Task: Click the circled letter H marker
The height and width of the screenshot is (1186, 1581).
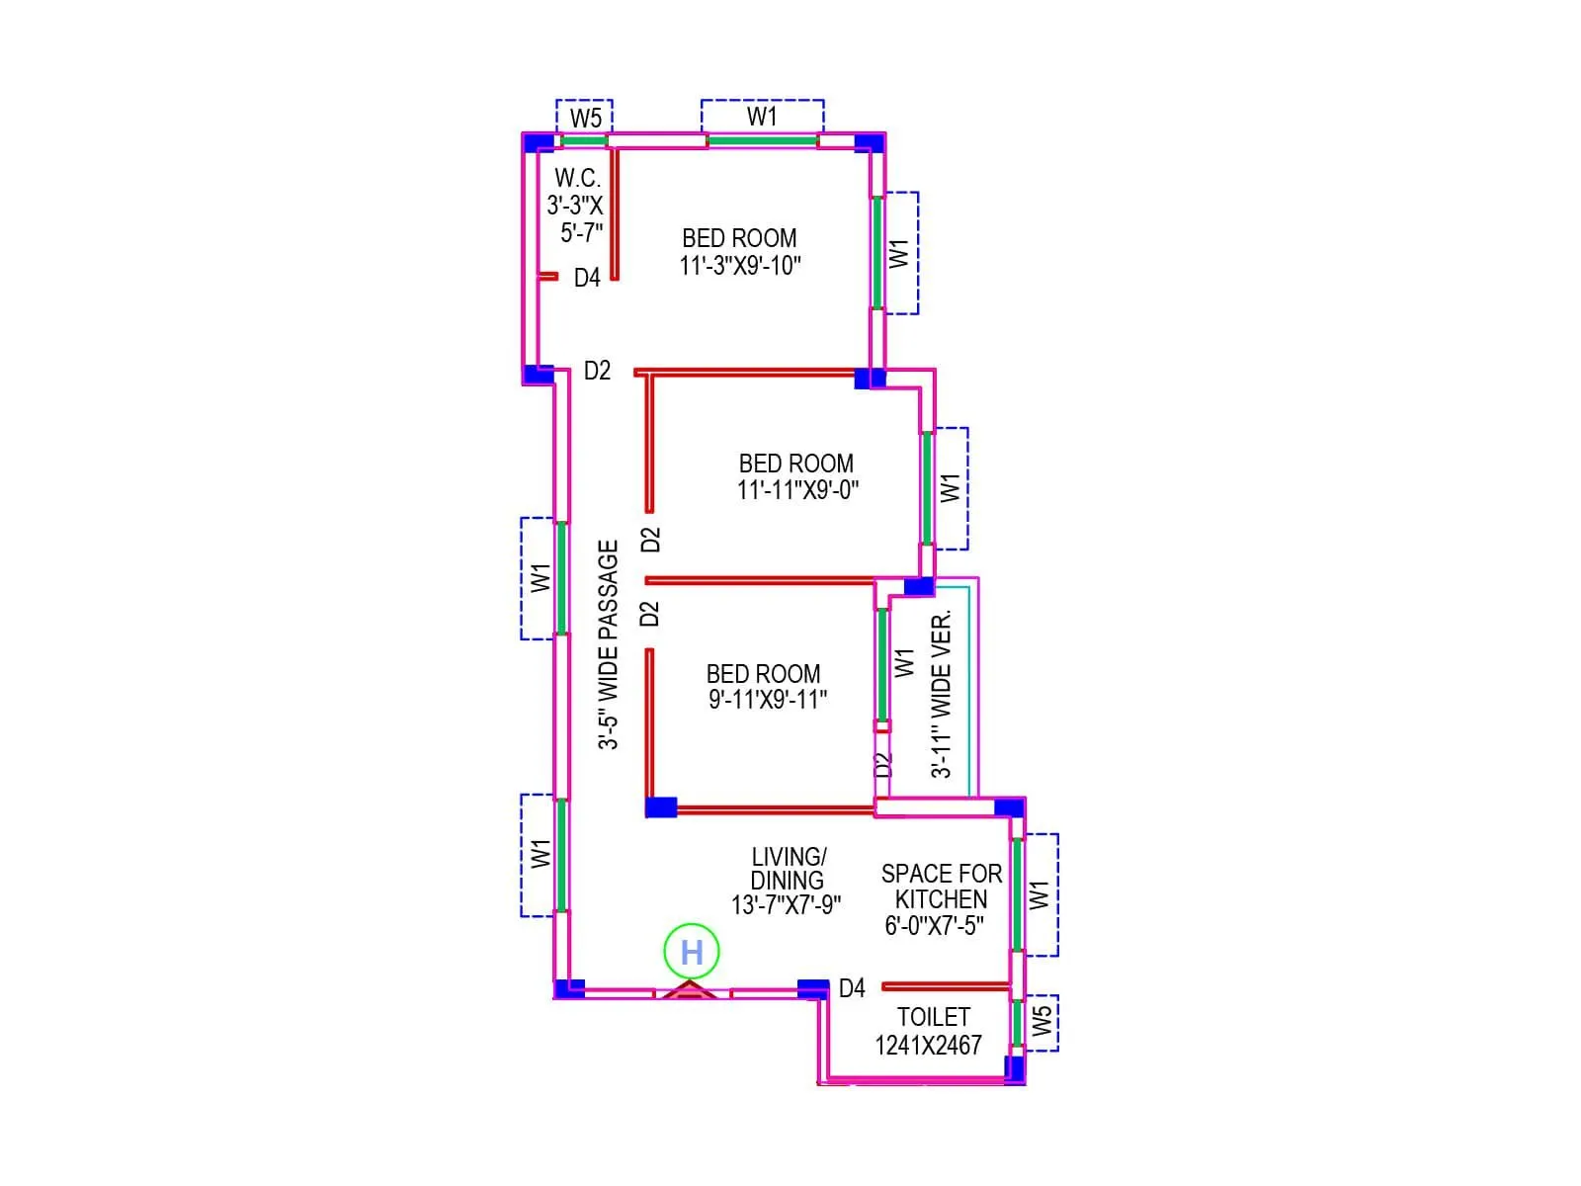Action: tap(692, 952)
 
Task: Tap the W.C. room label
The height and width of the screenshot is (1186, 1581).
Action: tap(577, 179)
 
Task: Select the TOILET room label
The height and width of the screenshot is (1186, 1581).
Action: tap(933, 1017)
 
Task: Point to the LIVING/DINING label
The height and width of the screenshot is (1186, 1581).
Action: tap(788, 869)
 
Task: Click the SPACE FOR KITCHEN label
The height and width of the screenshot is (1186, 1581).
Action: tap(941, 887)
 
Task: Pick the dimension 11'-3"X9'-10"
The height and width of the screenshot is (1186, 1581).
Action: tap(740, 266)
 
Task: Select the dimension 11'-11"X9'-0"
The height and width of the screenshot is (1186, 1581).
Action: tap(797, 490)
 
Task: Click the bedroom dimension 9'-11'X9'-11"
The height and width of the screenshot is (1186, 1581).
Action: tap(768, 700)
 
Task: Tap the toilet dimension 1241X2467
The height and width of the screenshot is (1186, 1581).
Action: tap(928, 1046)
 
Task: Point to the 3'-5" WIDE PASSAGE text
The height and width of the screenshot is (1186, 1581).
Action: tap(609, 644)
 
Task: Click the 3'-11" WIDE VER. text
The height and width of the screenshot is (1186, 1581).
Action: tap(942, 694)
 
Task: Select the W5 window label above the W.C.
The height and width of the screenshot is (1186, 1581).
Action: tap(585, 119)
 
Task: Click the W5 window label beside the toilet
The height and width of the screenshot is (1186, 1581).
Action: tap(1041, 1022)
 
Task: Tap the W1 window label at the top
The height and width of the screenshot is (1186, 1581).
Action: tap(762, 117)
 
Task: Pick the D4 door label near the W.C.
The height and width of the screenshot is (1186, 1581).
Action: tap(587, 278)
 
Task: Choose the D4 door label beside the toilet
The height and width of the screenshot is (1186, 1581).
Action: tap(852, 988)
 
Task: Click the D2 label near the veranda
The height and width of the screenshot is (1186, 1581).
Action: tap(883, 765)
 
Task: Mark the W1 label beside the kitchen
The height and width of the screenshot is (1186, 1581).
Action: tap(1039, 894)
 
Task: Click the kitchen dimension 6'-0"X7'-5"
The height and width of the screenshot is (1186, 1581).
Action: tap(934, 926)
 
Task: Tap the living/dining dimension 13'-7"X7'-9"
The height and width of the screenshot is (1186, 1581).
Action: tap(786, 905)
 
